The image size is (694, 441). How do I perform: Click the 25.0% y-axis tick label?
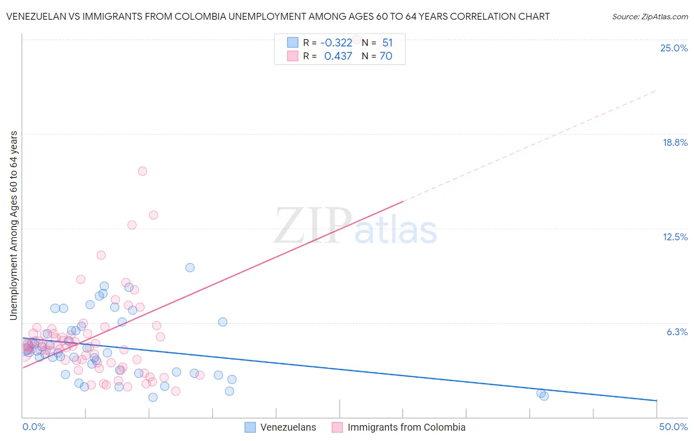(x=674, y=48)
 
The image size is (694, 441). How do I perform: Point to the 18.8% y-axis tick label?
(x=675, y=142)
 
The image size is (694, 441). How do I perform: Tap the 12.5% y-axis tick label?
(x=675, y=237)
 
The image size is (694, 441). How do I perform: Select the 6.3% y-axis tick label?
(x=677, y=332)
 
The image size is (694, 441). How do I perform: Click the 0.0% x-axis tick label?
(x=34, y=427)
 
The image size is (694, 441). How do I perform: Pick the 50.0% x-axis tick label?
(x=673, y=427)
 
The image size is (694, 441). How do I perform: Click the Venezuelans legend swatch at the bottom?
(x=250, y=427)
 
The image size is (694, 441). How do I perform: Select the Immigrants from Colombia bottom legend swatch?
(x=337, y=427)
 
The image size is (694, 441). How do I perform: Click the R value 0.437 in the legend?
(x=338, y=56)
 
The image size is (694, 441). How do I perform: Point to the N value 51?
(x=387, y=43)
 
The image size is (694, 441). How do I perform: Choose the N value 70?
(x=386, y=56)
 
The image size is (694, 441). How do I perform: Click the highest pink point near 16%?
(x=142, y=171)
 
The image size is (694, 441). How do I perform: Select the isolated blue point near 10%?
(x=190, y=267)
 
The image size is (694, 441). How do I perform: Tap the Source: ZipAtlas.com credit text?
(x=650, y=16)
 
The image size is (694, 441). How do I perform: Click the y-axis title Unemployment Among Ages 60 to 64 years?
(x=13, y=225)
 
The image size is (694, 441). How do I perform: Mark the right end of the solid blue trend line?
(x=656, y=400)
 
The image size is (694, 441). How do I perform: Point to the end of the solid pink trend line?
(x=403, y=202)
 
